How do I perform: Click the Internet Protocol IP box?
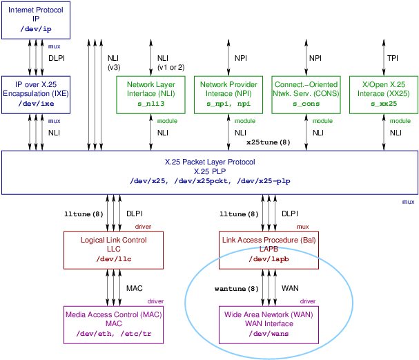36,19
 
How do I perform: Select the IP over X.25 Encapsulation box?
36,94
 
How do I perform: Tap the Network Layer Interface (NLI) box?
150,94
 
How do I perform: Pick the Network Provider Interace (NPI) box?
228,94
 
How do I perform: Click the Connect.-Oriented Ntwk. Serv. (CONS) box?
306,94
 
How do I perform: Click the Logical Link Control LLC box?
106,249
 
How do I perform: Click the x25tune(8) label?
268,142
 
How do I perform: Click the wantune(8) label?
236,288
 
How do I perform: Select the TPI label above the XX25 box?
392,58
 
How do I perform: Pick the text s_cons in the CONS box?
306,104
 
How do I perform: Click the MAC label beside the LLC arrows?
134,288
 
